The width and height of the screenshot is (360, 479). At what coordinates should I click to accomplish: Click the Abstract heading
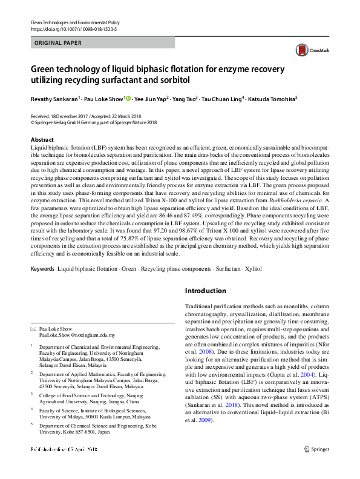point(42,139)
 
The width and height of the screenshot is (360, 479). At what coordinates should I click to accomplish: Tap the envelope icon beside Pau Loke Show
point(33,328)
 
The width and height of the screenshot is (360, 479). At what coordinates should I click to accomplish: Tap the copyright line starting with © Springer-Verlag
point(93,122)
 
